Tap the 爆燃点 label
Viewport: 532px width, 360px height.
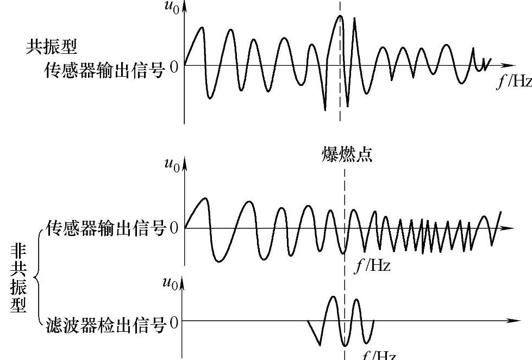click(346, 156)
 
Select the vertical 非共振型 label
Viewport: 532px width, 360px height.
click(18, 277)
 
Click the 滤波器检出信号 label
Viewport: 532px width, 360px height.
click(106, 325)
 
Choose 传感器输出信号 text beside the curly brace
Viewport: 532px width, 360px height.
click(106, 229)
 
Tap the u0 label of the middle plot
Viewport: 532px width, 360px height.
click(172, 165)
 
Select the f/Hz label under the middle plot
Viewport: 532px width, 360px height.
click(372, 266)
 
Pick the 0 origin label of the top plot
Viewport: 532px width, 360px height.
click(174, 67)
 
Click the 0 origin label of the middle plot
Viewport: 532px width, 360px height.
click(174, 228)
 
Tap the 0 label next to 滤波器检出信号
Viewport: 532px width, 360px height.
click(174, 324)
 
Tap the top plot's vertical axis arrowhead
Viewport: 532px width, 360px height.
click(185, 7)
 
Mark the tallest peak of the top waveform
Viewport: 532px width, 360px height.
click(340, 16)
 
